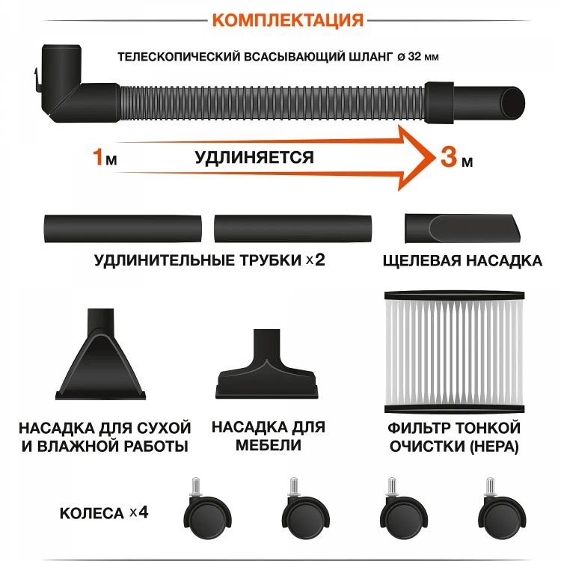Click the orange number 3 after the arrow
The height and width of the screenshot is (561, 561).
coord(447,157)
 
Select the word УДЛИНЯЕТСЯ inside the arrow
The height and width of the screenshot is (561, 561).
coord(254,157)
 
